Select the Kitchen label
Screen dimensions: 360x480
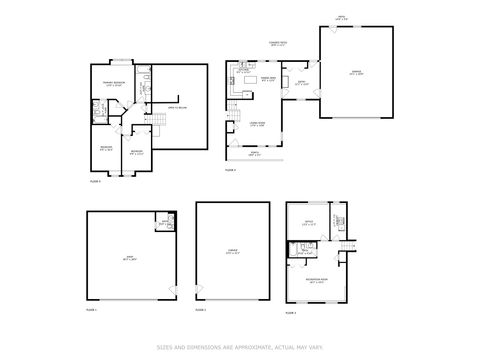(244, 72)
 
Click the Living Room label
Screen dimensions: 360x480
(256, 124)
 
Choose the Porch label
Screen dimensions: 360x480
(253, 154)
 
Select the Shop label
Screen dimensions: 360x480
(128, 258)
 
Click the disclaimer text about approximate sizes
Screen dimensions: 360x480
(240, 347)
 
